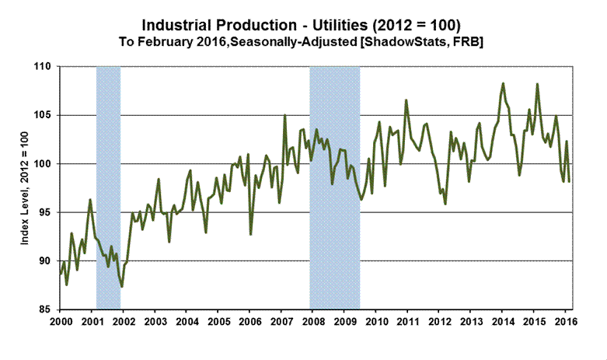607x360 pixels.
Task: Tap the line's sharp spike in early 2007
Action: (x=285, y=116)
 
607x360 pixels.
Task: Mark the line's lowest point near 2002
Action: (x=122, y=287)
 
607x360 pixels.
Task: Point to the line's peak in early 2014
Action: (x=504, y=83)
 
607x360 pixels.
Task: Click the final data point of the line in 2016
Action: (x=570, y=181)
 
